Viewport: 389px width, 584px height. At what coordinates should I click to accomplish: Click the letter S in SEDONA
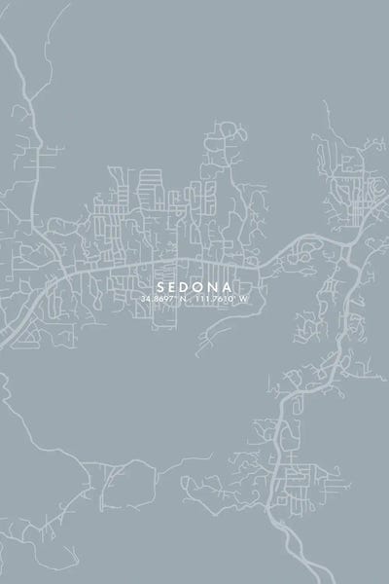pyautogui.click(x=159, y=287)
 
